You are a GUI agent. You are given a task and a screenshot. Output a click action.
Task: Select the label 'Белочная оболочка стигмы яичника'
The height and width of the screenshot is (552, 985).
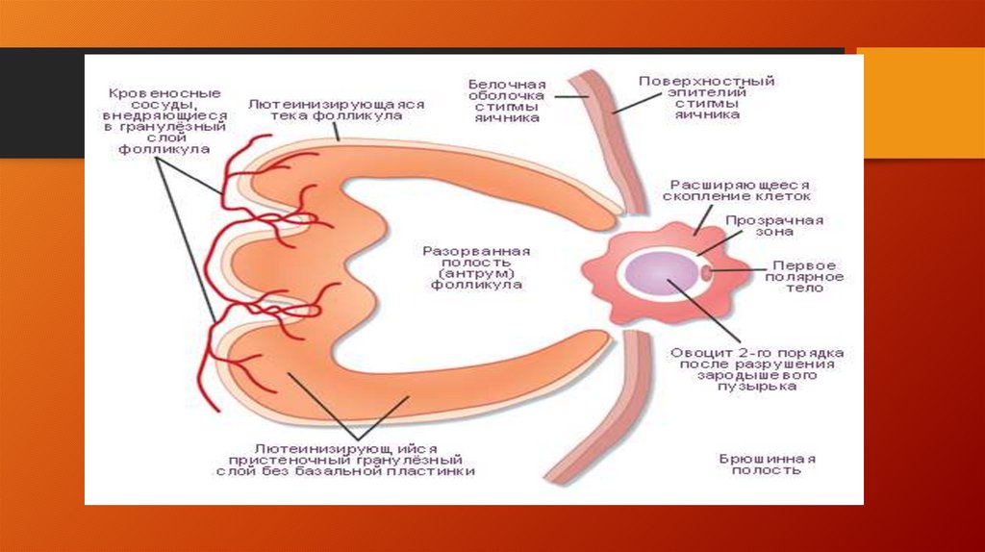507,100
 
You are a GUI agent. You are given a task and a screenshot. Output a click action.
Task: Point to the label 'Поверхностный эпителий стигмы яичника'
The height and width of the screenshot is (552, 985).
706,97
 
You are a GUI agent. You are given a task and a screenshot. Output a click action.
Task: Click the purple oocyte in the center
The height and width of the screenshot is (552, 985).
654,272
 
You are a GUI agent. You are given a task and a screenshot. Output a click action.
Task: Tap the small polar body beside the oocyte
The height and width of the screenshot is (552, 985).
707,273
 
